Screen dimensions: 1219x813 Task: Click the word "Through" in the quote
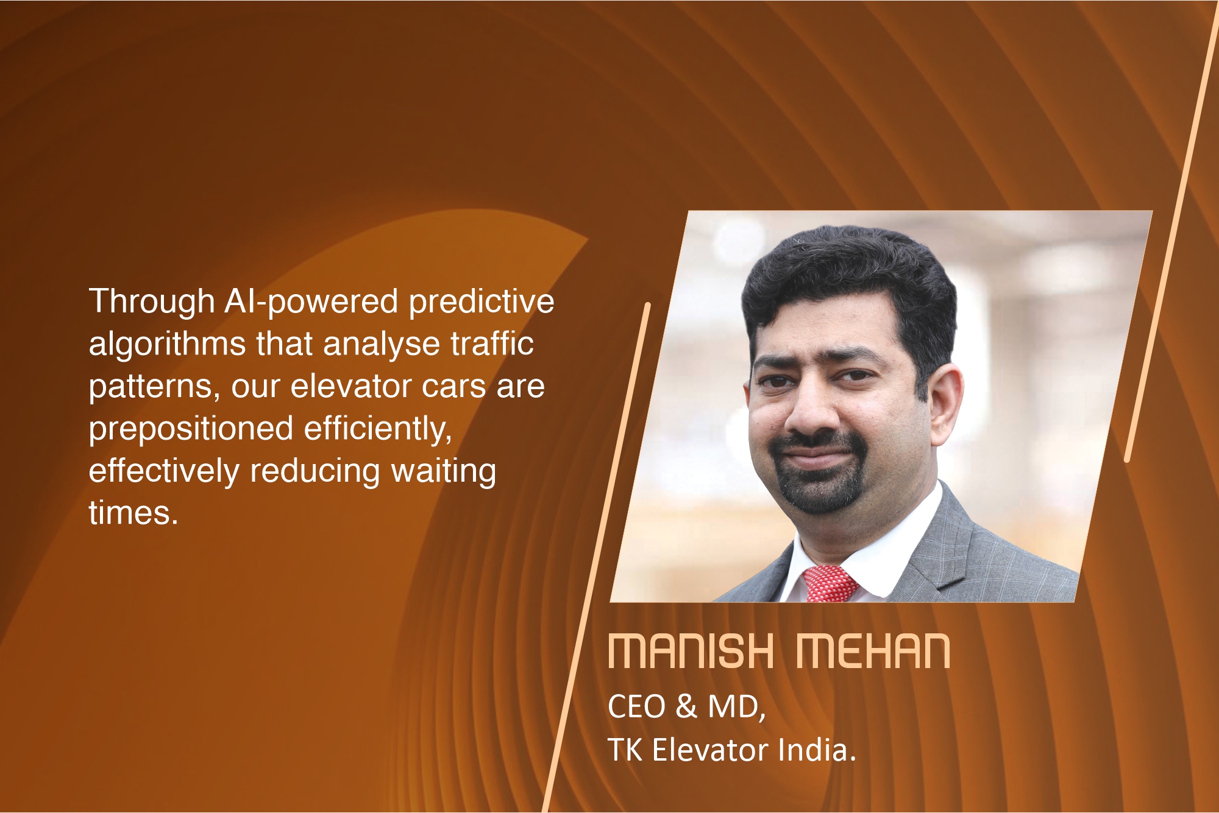pyautogui.click(x=152, y=301)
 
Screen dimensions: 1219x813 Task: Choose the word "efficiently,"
pyautogui.click(x=378, y=429)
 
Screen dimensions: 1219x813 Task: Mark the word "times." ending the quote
pyautogui.click(x=133, y=513)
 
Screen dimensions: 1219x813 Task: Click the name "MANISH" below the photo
pyautogui.click(x=691, y=652)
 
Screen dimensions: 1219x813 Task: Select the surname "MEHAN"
pyautogui.click(x=873, y=652)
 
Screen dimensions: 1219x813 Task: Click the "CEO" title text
pyautogui.click(x=636, y=707)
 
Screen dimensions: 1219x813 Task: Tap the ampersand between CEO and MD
pyautogui.click(x=686, y=707)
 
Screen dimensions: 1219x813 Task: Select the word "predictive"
pyautogui.click(x=482, y=301)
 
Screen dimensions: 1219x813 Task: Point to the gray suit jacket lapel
pyautogui.click(x=951, y=548)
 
